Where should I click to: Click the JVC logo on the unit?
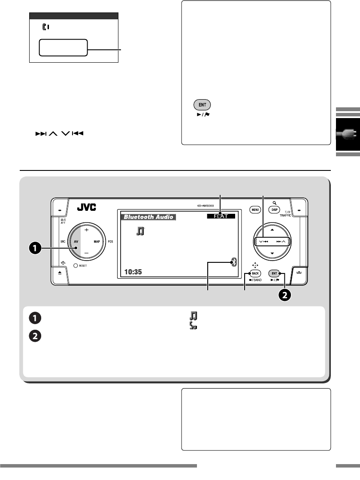87,207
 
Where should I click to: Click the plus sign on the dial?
86,218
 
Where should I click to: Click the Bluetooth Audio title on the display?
149,217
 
